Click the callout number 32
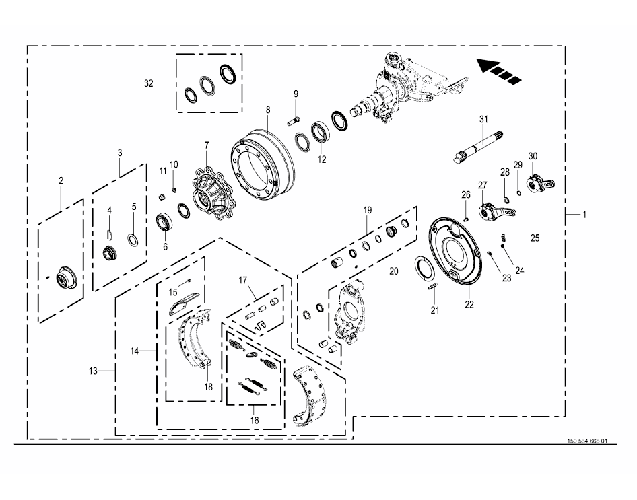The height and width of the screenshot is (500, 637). [149, 83]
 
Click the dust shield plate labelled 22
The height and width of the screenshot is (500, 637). [456, 249]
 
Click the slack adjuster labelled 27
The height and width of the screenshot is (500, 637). [496, 212]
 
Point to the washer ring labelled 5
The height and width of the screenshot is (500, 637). [133, 240]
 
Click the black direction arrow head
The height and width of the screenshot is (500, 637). [488, 66]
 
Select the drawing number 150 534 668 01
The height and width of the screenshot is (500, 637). [587, 441]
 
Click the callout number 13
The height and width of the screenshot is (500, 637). [93, 371]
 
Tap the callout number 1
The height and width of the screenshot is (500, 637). [584, 214]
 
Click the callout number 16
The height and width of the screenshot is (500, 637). [255, 420]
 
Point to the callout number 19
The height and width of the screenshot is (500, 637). [367, 210]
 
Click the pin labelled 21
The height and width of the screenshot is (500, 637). [433, 286]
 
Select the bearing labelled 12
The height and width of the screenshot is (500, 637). [321, 133]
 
